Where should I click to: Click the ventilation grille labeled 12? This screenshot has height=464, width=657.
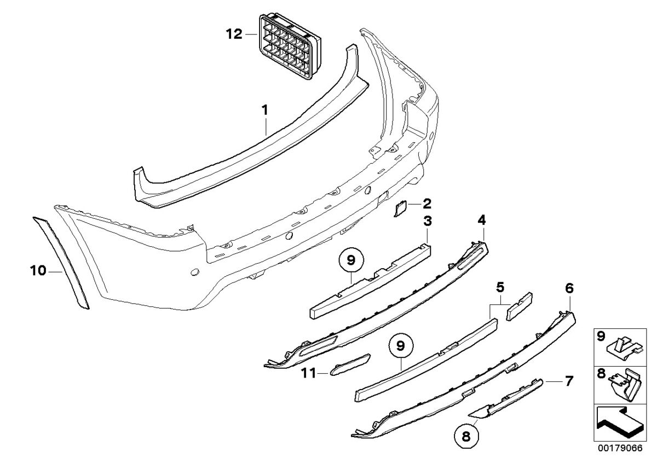(x=290, y=47)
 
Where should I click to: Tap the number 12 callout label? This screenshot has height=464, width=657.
(x=234, y=34)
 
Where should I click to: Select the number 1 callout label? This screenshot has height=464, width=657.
(x=265, y=111)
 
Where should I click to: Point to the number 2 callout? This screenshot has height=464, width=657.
(x=427, y=203)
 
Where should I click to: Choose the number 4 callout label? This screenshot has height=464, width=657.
(x=482, y=220)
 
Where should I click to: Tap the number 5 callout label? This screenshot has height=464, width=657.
(x=500, y=287)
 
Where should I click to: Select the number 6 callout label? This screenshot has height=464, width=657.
(x=569, y=288)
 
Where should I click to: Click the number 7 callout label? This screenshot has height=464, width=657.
(x=569, y=381)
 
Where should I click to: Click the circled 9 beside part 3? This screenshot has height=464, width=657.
(x=351, y=260)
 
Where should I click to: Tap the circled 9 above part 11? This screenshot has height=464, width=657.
(x=401, y=346)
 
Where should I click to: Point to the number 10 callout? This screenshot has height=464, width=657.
(x=38, y=270)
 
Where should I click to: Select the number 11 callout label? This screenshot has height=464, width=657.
(x=309, y=373)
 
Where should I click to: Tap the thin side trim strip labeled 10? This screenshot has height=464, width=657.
(x=61, y=262)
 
